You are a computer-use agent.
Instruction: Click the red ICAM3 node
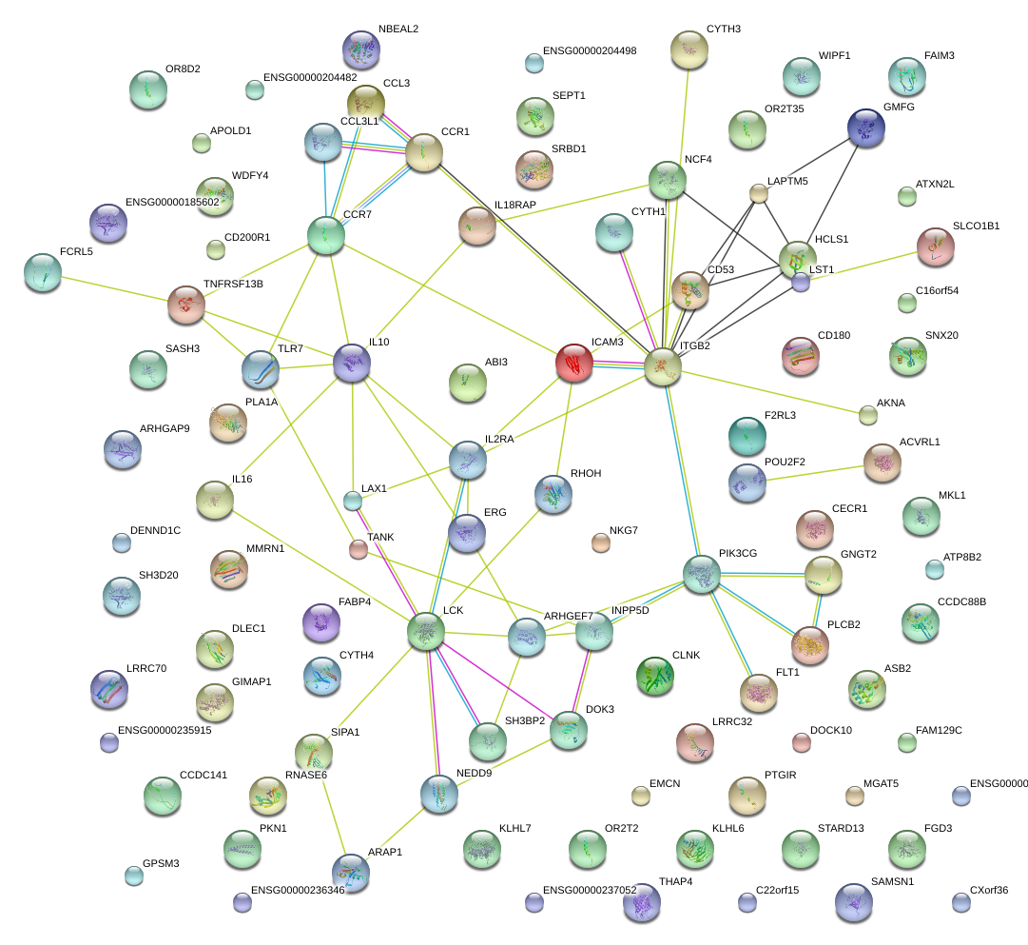574,363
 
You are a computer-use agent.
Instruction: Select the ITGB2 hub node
663,366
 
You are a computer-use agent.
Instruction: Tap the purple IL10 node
352,363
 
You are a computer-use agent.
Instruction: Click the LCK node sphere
426,631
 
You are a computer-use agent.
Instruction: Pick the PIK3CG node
702,574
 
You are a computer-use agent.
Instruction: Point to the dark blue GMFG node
866,128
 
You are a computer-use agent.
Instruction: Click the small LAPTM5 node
759,193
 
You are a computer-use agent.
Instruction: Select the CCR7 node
326,235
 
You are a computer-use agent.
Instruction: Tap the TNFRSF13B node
186,305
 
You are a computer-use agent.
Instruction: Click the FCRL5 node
43,272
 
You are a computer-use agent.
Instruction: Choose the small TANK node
358,548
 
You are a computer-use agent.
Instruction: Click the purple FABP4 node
321,622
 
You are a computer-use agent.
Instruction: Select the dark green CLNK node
655,676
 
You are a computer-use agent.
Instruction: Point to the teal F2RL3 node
747,436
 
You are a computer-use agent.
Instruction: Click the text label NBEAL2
398,29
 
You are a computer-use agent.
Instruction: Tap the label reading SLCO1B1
977,226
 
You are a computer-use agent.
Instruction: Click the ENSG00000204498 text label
590,50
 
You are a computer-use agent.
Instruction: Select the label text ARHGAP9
165,428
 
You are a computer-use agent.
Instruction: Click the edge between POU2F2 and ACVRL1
815,473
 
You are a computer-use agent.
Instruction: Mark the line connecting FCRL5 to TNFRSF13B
115,288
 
